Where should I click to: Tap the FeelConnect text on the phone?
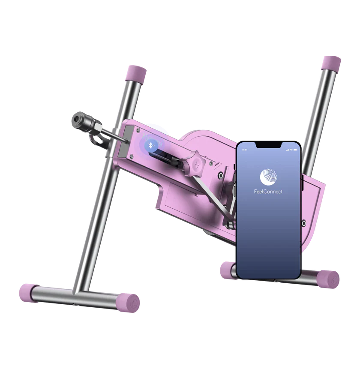[268, 192]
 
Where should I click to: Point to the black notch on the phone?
[268, 145]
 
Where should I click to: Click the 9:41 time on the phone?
[245, 150]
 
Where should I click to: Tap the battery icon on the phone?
[295, 150]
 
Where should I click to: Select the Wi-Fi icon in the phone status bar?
[291, 150]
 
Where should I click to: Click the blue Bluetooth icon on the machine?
[151, 145]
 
